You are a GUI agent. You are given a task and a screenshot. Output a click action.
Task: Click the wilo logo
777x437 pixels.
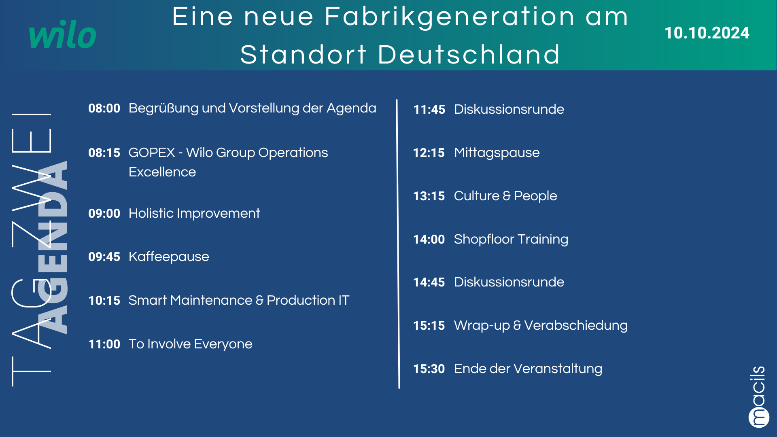[63, 34]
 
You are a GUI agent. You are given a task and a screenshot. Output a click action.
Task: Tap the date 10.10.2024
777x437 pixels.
[707, 33]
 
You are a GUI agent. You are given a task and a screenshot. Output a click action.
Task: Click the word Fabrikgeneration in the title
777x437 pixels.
[450, 17]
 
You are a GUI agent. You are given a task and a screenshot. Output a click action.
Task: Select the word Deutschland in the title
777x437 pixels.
[469, 55]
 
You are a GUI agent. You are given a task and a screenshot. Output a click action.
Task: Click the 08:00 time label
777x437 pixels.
[104, 108]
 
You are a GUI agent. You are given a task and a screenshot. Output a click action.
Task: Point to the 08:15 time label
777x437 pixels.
[104, 153]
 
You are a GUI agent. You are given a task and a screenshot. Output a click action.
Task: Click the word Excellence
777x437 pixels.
[162, 172]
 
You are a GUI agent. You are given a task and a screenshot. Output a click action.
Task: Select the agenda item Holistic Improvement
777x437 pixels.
[194, 213]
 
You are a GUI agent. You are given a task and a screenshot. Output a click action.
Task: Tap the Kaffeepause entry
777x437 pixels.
[169, 257]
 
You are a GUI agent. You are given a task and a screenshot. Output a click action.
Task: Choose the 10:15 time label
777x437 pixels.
[104, 301]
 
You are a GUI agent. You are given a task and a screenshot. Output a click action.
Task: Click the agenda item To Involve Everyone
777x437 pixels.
[191, 344]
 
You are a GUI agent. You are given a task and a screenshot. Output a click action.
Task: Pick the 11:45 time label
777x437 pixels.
[429, 110]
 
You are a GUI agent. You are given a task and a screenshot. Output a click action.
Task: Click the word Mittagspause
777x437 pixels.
[497, 153]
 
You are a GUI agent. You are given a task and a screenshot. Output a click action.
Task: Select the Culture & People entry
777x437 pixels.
[505, 196]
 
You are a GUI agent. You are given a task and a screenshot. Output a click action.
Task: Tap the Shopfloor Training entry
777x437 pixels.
[511, 239]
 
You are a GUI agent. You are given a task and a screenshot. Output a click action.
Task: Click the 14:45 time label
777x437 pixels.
[429, 282]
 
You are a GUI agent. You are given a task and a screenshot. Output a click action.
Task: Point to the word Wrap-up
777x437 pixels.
[482, 326]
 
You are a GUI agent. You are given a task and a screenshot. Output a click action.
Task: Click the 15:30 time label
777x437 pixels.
[429, 369]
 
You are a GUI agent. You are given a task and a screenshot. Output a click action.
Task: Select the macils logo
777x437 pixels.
[758, 397]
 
